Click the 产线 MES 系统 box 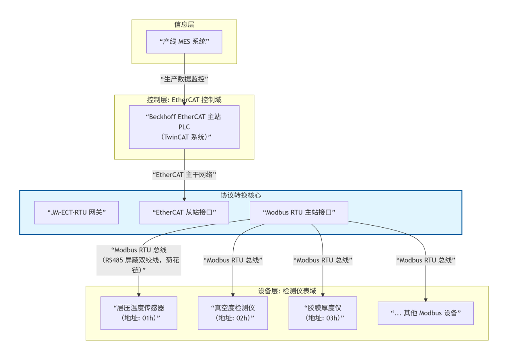[184, 41]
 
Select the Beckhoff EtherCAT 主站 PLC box [184, 127]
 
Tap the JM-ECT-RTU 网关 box [76, 212]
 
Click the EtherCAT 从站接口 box [184, 212]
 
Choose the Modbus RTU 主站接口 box [299, 212]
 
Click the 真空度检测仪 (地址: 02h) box [233, 313]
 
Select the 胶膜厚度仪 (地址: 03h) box [323, 313]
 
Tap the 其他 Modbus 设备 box [426, 313]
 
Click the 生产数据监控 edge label [184, 79]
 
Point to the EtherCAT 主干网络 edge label [184, 175]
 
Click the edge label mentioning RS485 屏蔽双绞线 [139, 260]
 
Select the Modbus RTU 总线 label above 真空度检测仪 [233, 260]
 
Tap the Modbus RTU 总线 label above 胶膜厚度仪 [323, 260]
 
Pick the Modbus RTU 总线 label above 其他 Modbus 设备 [426, 260]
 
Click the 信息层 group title [184, 24]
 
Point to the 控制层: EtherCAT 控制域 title [184, 100]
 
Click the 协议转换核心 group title [241, 195]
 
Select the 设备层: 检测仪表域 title [287, 291]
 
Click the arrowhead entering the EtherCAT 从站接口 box [184, 199]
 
